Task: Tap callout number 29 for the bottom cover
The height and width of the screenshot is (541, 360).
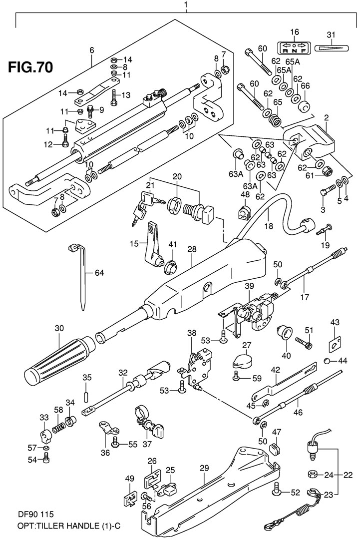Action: point(204,468)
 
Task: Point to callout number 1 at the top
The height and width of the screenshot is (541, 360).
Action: point(186,6)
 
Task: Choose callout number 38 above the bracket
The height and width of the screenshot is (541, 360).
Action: point(191,333)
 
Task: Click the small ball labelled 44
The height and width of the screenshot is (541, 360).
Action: point(327,361)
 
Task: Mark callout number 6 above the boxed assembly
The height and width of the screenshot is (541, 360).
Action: point(92,50)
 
